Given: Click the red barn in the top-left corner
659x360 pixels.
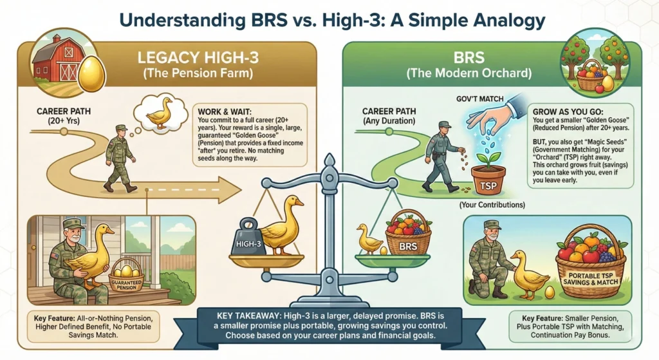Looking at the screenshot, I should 53,61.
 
